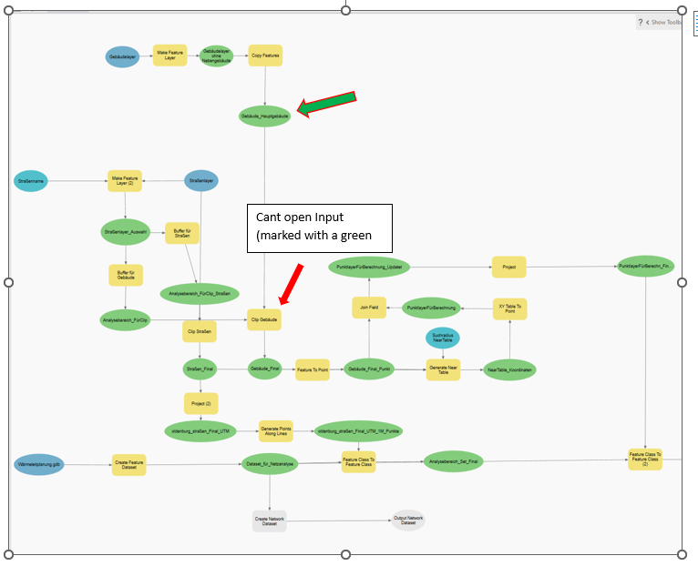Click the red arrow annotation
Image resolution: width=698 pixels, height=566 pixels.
[291, 284]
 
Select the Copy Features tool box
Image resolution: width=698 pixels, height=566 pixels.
[265, 56]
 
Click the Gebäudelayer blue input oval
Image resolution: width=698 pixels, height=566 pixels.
[122, 56]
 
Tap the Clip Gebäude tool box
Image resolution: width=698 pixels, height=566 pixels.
[264, 319]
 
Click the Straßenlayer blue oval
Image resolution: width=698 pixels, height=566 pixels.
[201, 181]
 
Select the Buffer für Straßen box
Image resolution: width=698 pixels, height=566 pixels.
[182, 234]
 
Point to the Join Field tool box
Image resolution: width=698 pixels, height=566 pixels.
[369, 308]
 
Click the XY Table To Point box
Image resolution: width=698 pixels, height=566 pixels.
[510, 308]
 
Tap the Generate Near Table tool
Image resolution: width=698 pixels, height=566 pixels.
[443, 369]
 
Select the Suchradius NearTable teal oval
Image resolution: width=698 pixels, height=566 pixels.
[443, 338]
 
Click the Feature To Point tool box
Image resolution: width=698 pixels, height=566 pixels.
[313, 369]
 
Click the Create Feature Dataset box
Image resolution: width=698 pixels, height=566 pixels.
[128, 464]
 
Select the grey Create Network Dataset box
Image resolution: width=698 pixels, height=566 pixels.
[269, 521]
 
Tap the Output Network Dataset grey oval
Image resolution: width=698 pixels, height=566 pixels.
[408, 520]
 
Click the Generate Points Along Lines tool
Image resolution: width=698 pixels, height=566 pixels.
[275, 430]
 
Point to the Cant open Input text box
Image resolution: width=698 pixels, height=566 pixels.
[319, 228]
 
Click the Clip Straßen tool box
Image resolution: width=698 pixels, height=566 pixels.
[200, 331]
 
